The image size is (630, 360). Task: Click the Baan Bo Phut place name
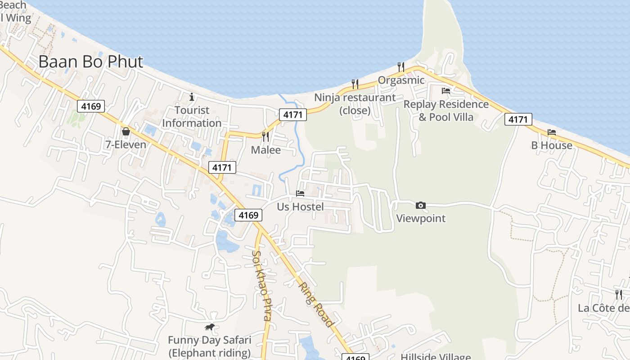[91, 62]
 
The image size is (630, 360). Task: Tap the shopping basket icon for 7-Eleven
[126, 131]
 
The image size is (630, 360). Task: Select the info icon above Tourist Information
[192, 97]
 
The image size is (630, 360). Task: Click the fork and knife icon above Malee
[265, 136]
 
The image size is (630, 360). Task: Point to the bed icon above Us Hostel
[300, 193]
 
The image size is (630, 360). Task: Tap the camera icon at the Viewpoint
[421, 205]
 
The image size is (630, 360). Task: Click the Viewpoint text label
[421, 219]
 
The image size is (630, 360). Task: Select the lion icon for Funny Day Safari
[209, 327]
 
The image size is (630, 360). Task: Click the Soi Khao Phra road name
[261, 285]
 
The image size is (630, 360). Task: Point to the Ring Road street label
[316, 304]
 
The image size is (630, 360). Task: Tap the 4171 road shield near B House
[518, 119]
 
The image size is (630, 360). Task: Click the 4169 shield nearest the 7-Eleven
[91, 106]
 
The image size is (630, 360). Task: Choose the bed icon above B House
[552, 132]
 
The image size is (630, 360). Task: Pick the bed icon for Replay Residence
[446, 91]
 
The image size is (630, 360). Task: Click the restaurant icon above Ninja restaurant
[355, 84]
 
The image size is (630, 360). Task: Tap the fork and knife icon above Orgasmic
[400, 67]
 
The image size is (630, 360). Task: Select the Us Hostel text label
[300, 207]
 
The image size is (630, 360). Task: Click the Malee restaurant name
[265, 150]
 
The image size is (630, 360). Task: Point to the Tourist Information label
[192, 117]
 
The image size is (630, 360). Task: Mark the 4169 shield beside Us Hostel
[248, 215]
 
